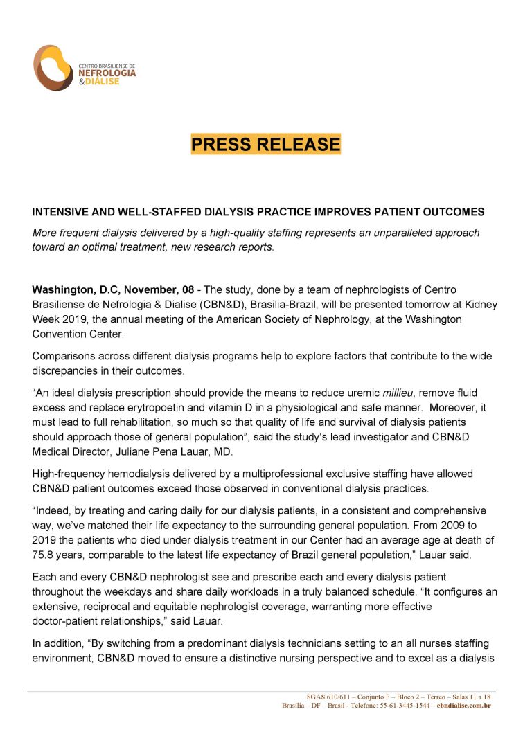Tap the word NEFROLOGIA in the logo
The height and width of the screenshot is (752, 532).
pos(107,73)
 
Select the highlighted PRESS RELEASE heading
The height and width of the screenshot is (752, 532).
pos(266,144)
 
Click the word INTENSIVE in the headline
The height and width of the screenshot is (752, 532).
pos(61,211)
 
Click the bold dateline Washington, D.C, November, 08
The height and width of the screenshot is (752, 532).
pos(113,289)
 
